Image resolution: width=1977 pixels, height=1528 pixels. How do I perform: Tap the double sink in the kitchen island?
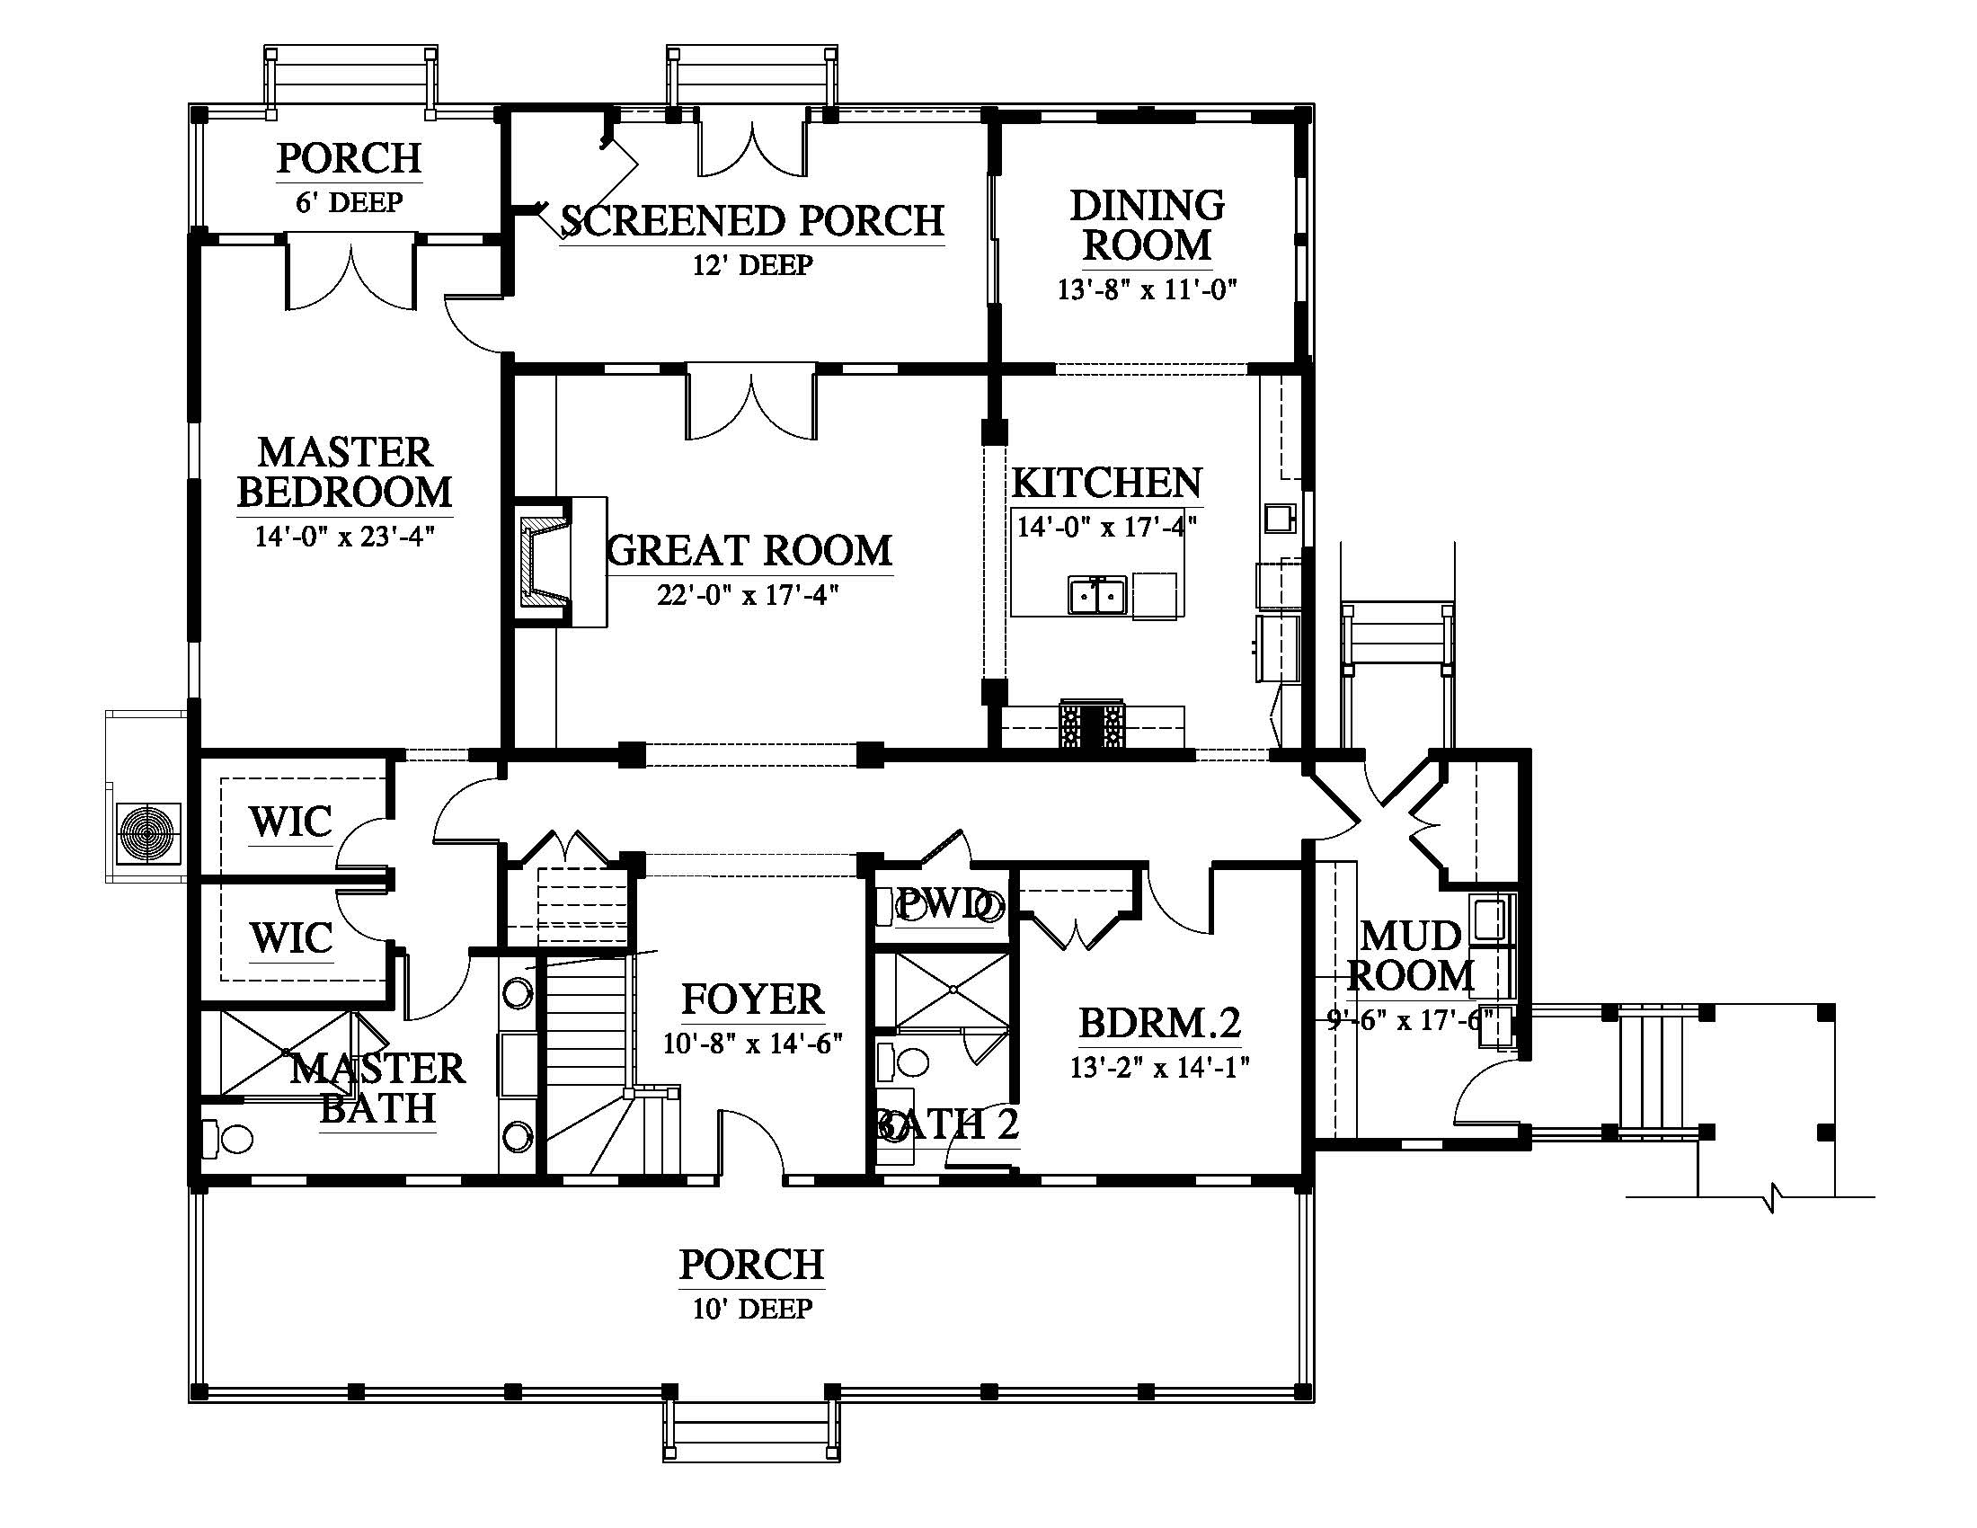point(1097,597)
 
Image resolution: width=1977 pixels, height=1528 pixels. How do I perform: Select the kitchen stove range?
point(1092,724)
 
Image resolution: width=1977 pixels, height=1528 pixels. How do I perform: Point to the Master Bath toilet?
point(227,1139)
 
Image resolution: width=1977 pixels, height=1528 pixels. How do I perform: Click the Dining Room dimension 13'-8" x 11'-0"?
point(1147,289)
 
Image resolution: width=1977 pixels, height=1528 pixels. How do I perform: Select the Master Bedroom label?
point(345,472)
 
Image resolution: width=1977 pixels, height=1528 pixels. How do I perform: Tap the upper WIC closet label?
point(290,822)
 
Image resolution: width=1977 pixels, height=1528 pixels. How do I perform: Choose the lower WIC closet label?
point(290,937)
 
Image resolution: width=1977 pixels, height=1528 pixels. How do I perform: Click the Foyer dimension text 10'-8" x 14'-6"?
point(753,1044)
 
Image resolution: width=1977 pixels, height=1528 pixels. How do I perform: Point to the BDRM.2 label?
point(1159,1022)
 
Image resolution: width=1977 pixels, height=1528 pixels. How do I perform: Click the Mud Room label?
point(1411,956)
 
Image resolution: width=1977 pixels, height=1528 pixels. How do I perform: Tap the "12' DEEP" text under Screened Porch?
point(753,265)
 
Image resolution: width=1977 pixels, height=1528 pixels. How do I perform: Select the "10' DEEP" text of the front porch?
point(753,1309)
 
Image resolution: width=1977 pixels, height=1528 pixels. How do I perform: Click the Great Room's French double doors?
point(752,403)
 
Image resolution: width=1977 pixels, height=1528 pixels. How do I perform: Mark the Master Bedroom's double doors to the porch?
point(350,272)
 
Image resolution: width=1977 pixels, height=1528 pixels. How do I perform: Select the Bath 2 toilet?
point(903,1060)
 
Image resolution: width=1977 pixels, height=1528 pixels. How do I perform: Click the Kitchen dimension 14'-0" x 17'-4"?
point(1106,526)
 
